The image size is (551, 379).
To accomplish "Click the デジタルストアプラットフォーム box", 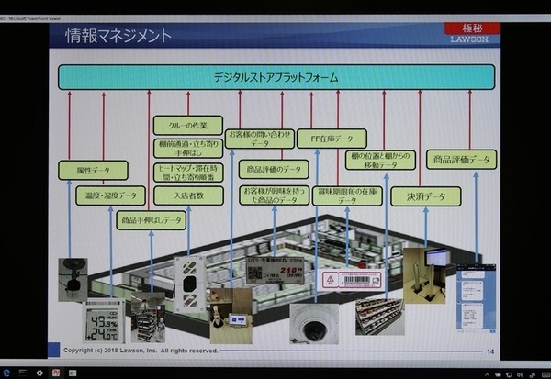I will [275, 77].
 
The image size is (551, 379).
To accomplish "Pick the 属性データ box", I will [93, 170].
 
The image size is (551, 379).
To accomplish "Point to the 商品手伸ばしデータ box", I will [152, 220].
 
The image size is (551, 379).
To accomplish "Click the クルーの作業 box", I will [187, 123].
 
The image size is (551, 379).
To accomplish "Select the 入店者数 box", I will [187, 195].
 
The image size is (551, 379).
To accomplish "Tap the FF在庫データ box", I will [332, 139].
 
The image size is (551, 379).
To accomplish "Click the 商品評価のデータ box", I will [274, 169].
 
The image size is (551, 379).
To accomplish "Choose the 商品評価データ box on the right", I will [460, 160].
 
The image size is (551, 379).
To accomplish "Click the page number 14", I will [489, 351].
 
